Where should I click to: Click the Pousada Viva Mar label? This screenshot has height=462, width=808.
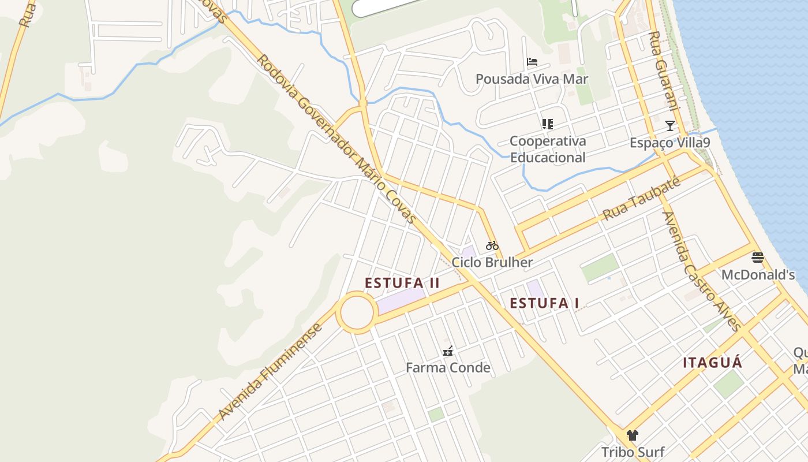532,79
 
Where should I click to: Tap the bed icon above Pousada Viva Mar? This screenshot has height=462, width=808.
532,62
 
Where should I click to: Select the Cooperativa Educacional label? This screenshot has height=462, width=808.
548,149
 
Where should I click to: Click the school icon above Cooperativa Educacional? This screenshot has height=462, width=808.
547,124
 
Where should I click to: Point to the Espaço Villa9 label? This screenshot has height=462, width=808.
669,143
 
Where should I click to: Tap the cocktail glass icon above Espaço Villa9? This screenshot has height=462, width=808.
669,125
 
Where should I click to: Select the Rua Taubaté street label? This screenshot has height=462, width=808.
641,199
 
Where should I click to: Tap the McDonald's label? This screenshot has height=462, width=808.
758,275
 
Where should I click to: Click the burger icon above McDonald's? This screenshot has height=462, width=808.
758,258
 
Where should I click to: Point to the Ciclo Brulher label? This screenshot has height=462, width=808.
492,262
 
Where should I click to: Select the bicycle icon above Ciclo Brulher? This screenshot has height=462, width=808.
492,245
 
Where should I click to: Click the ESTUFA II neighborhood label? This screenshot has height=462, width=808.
402,283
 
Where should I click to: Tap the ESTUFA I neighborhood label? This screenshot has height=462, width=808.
544,303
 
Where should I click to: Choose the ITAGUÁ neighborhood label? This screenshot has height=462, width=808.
712,363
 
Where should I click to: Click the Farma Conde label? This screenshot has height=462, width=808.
448,367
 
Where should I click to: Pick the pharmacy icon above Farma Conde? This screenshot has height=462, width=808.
448,351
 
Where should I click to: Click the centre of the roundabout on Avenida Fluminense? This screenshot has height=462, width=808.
357,312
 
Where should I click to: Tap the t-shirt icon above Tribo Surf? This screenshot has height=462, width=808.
633,435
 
